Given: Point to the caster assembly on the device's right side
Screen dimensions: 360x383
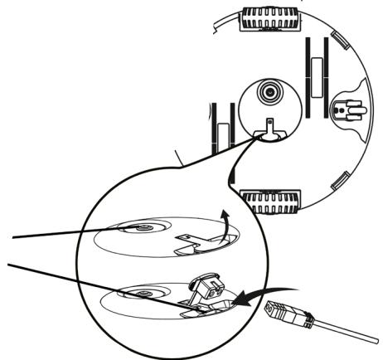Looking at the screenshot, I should (x=347, y=111).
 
